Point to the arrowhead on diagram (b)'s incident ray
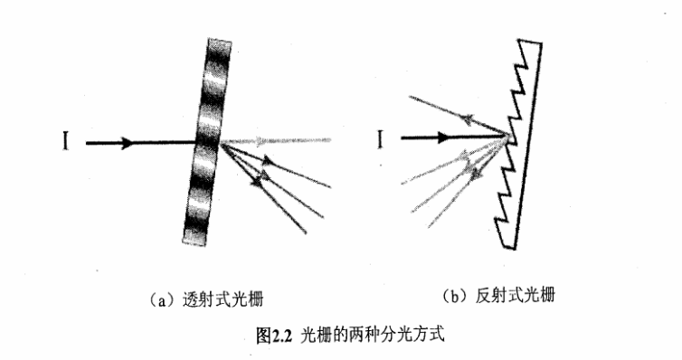(443, 138)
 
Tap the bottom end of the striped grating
(192, 242)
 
